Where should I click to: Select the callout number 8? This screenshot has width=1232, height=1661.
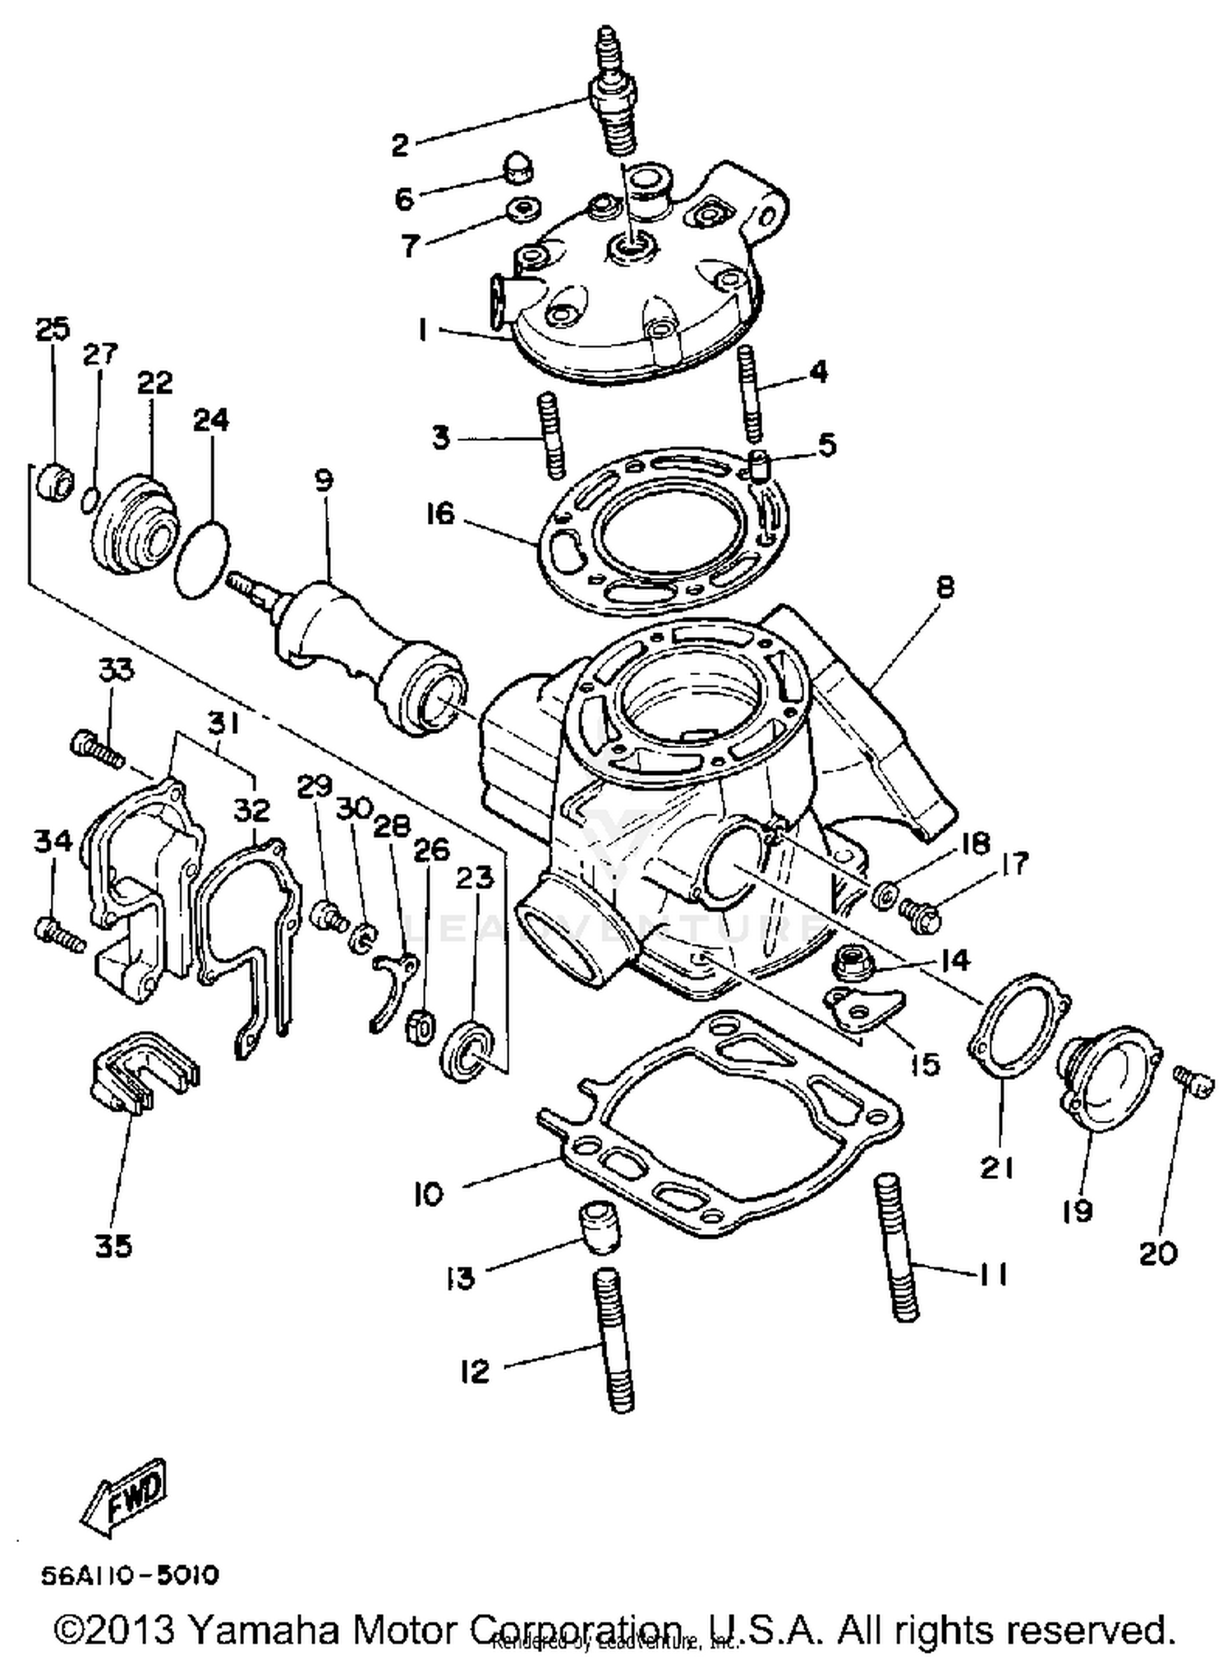click(945, 588)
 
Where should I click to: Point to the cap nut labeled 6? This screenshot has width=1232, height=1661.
click(517, 171)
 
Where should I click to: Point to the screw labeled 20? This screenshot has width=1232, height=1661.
click(1192, 1081)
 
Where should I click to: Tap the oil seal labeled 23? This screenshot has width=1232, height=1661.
click(468, 1051)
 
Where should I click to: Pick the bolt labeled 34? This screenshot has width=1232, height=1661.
click(59, 934)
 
